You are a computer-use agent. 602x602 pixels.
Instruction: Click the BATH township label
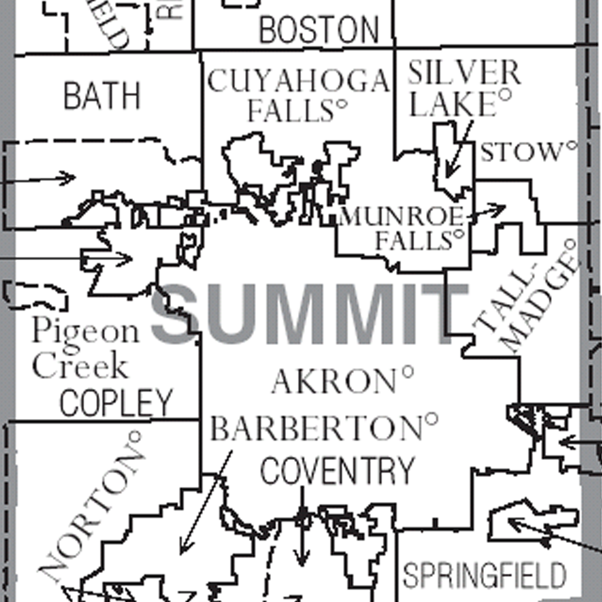point(102,95)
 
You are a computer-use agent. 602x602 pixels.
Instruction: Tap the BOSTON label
point(319,29)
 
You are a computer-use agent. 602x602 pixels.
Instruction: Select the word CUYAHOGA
point(298,81)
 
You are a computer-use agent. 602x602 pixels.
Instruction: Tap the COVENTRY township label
point(338,470)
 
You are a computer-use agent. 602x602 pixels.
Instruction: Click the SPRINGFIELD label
point(485,575)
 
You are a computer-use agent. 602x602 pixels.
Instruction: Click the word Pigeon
point(85,332)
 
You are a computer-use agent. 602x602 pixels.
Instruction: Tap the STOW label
point(520,152)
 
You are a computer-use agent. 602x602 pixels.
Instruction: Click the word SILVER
point(464,73)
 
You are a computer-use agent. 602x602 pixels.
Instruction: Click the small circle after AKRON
point(408,371)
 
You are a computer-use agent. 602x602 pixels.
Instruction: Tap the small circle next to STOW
point(571,145)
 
